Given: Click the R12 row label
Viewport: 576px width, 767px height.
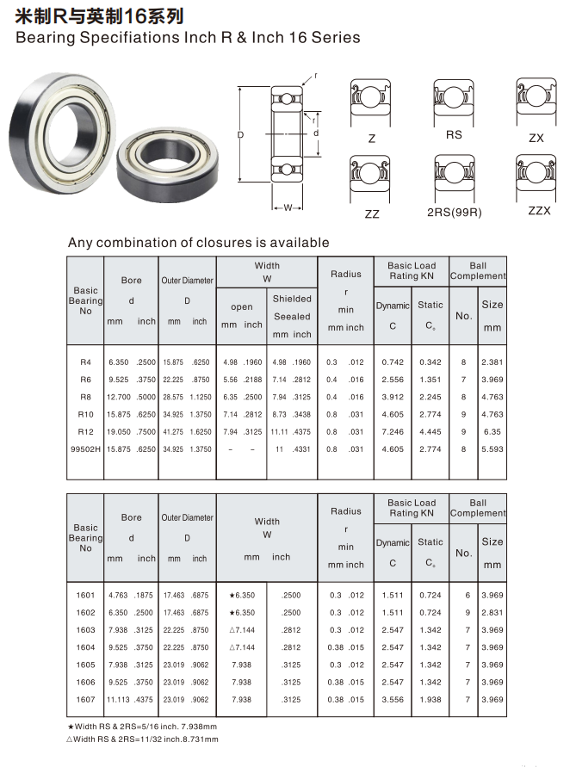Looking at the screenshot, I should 85,431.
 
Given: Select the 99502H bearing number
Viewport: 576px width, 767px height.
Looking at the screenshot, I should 85,448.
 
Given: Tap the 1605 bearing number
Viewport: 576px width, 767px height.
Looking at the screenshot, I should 85,665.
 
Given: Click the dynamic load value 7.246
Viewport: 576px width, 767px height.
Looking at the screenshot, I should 393,431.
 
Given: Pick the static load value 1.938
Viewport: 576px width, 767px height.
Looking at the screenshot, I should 430,700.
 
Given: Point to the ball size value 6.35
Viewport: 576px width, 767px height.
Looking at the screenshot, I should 492,431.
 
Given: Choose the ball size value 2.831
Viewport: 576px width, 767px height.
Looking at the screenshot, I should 492,612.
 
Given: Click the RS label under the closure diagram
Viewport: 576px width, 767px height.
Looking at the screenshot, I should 454,134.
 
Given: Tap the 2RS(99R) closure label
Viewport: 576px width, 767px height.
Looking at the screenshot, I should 454,212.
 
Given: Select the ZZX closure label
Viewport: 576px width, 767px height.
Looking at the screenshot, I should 538,211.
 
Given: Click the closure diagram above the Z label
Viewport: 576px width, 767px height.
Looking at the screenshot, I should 370,102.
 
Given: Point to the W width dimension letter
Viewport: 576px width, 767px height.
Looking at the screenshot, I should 288,207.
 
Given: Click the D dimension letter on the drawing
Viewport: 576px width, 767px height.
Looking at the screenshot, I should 241,135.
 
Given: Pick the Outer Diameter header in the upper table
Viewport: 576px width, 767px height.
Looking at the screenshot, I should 187,280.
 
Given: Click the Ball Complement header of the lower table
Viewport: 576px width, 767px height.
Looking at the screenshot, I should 478,508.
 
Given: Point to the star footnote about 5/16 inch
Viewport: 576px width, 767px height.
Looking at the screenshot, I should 142,726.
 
